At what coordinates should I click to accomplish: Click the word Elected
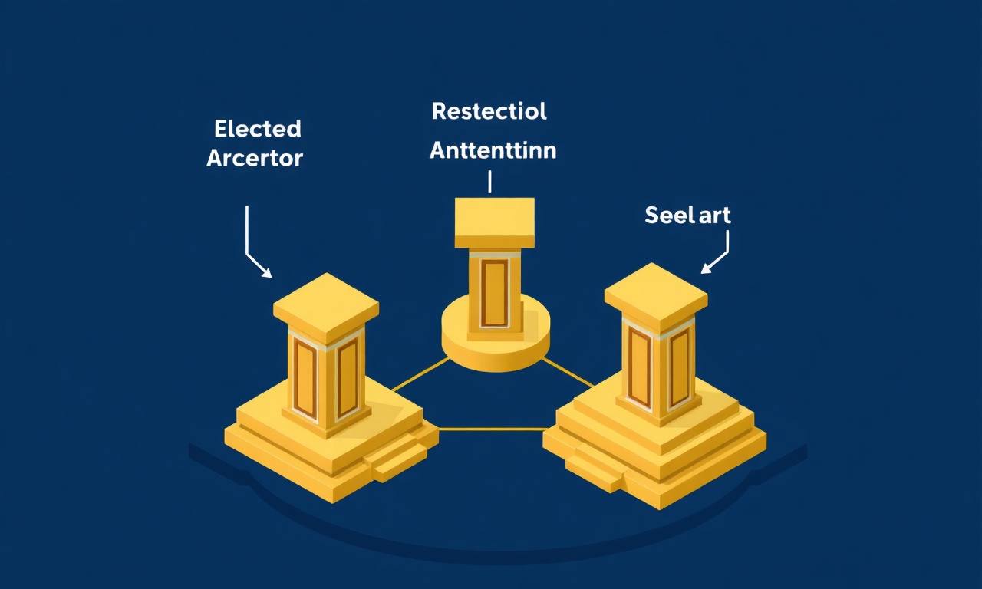(x=258, y=129)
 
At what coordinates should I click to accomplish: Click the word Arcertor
(x=255, y=158)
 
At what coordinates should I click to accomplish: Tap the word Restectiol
(x=489, y=111)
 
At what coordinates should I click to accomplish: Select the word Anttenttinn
(x=493, y=150)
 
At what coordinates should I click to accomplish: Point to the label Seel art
(x=688, y=216)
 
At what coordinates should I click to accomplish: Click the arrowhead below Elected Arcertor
(x=266, y=272)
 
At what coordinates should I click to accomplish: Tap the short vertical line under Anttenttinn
(x=489, y=182)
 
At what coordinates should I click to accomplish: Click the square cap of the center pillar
(x=495, y=222)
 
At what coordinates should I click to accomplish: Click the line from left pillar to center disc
(x=421, y=373)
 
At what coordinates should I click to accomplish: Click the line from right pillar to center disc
(x=568, y=373)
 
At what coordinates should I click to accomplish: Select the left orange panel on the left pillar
(x=305, y=378)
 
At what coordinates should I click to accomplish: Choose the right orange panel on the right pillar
(x=680, y=367)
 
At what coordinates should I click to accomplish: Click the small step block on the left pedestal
(x=400, y=462)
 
